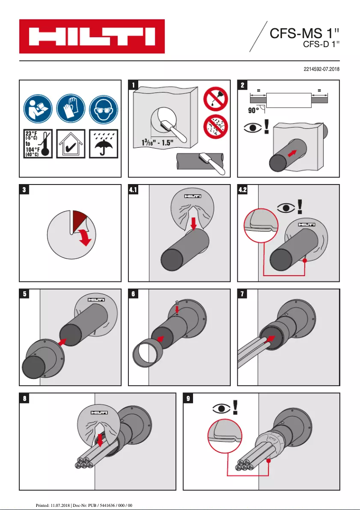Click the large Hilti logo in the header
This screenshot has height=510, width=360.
click(x=92, y=36)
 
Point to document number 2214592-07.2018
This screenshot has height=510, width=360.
click(x=321, y=69)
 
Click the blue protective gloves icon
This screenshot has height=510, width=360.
click(x=71, y=108)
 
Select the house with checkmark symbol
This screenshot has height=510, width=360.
click(x=71, y=143)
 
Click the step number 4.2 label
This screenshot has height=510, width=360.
click(x=243, y=190)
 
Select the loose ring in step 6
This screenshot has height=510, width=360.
click(x=147, y=353)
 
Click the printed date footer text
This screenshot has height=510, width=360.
click(x=83, y=505)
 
